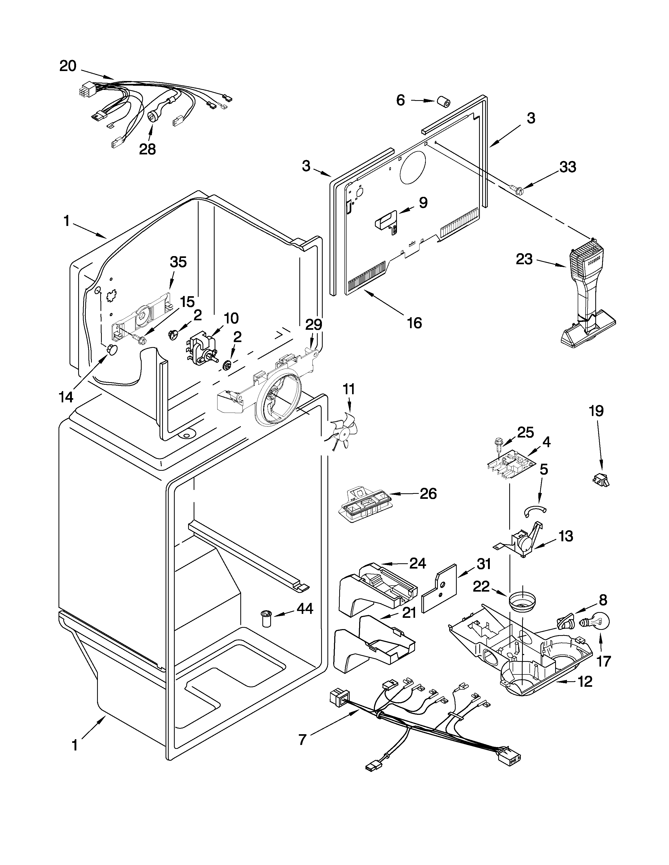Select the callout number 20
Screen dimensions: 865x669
[68, 66]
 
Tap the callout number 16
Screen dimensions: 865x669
[415, 323]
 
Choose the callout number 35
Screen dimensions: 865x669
[178, 262]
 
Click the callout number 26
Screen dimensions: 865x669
[428, 494]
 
